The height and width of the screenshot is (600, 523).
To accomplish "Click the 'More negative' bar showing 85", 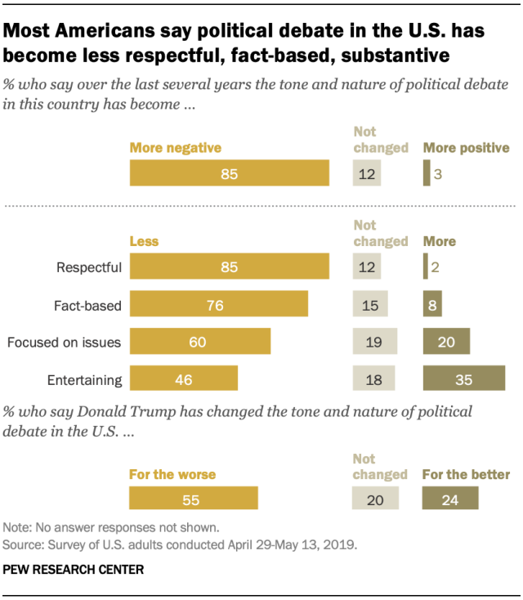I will pos(230,174).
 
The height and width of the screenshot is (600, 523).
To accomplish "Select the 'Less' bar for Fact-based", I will pos(219,305).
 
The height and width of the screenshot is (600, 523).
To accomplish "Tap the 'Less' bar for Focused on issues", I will pos(200,342).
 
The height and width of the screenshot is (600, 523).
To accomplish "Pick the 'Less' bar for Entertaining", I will pos(184,378).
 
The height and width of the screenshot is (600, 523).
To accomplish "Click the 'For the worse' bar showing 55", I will pos(194,499).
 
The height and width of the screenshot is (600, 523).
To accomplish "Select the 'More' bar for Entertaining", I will pos(463,378).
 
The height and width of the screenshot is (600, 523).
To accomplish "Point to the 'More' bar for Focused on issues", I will pos(446,342).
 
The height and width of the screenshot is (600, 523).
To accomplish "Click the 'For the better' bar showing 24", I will pos(450,499).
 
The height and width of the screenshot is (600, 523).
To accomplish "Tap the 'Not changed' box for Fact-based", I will pos(370,305).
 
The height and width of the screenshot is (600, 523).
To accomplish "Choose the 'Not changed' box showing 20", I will pos(374,499).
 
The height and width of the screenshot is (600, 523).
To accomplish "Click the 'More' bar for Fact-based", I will pos(432,305).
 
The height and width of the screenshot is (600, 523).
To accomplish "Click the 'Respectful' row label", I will pos(89,267).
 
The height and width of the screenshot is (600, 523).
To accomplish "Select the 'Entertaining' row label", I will pos(84,379).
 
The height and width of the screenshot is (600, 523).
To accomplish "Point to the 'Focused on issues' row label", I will pos(64,343).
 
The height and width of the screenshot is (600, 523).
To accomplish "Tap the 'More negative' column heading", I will pos(176,148).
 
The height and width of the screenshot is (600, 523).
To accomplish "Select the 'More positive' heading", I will pos(466,148).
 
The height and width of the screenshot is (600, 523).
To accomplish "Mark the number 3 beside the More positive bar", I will pos(437,174).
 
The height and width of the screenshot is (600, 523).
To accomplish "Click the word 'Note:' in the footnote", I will pos(20,526).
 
